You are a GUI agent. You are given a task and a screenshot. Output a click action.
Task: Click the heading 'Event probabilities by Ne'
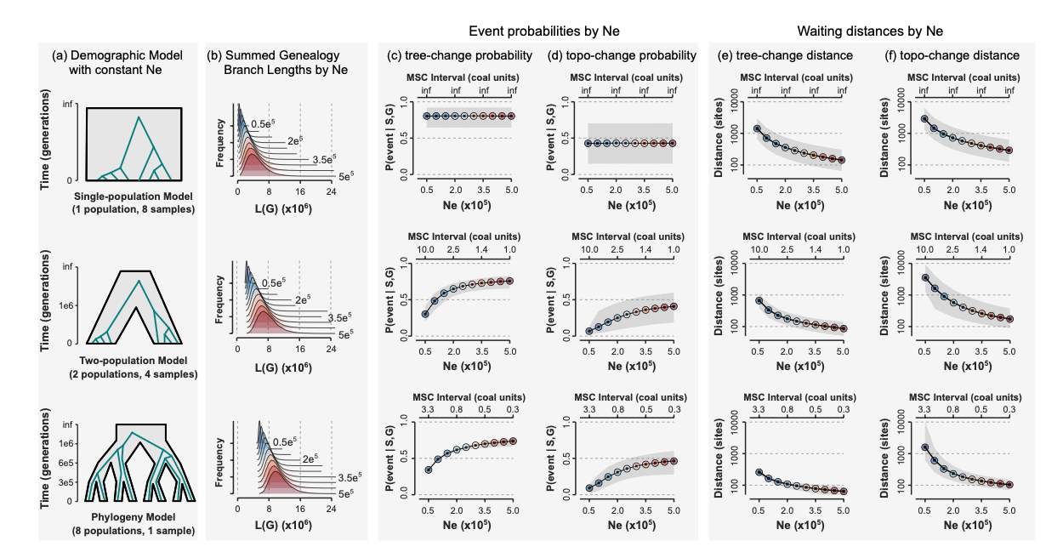click(x=544, y=31)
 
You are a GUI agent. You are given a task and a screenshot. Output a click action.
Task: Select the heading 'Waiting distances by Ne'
click(x=870, y=31)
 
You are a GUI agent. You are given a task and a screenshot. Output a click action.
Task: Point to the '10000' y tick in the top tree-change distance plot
click(x=731, y=101)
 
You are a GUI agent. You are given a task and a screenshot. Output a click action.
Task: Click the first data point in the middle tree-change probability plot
click(x=425, y=315)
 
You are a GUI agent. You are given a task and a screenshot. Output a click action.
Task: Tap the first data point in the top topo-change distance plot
click(x=924, y=118)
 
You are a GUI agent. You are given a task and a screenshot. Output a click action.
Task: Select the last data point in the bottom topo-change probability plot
click(x=672, y=460)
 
